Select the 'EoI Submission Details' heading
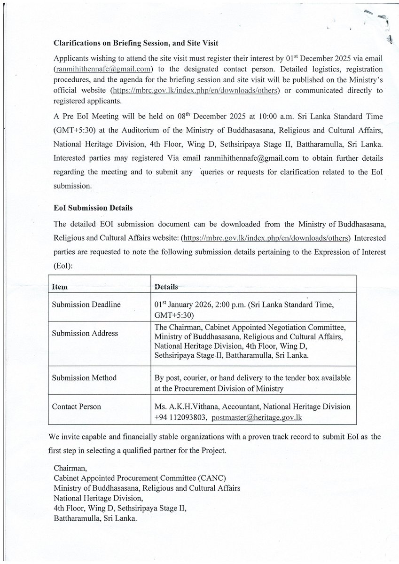click(x=93, y=208)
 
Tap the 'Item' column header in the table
click(x=60, y=287)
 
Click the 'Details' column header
click(x=166, y=287)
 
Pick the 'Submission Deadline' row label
click(x=86, y=305)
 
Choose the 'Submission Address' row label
click(x=85, y=333)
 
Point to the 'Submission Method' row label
click(x=84, y=378)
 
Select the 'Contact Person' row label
click(x=76, y=407)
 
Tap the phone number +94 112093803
click(x=180, y=417)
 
